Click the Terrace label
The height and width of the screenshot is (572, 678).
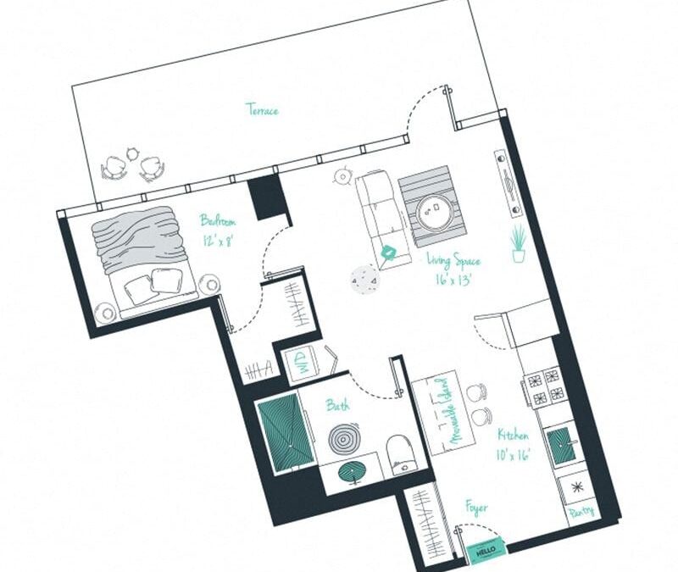coord(262,109)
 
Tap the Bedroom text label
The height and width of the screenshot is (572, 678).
coord(218,221)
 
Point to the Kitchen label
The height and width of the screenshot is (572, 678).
coord(514,435)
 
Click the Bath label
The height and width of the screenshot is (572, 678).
coord(338,407)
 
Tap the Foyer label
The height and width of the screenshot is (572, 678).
coord(476,509)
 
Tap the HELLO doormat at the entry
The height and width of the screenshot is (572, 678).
coord(484,551)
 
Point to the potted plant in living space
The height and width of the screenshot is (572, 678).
coord(519,243)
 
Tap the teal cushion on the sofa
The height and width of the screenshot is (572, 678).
coord(389,252)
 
